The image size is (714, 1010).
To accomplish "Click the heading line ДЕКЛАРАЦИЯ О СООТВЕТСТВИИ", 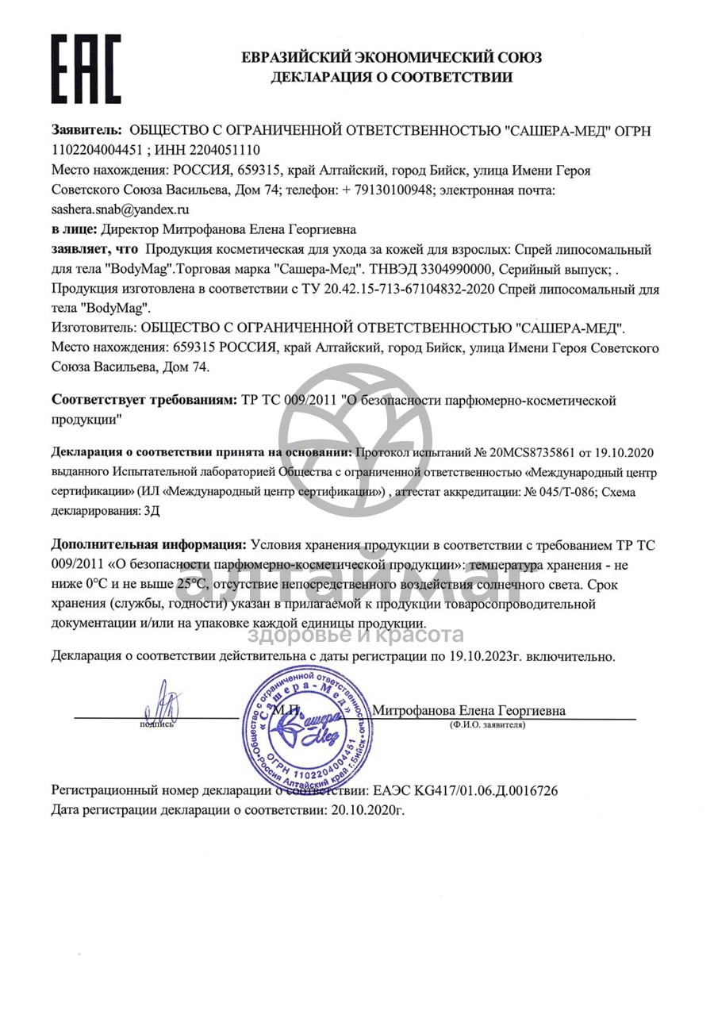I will [x=391, y=77].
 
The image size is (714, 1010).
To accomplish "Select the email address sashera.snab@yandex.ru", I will [x=120, y=209].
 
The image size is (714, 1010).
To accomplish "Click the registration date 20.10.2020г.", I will [x=367, y=810].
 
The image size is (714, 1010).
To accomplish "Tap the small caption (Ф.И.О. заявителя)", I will [x=487, y=725].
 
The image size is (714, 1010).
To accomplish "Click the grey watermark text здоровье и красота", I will [x=356, y=635].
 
